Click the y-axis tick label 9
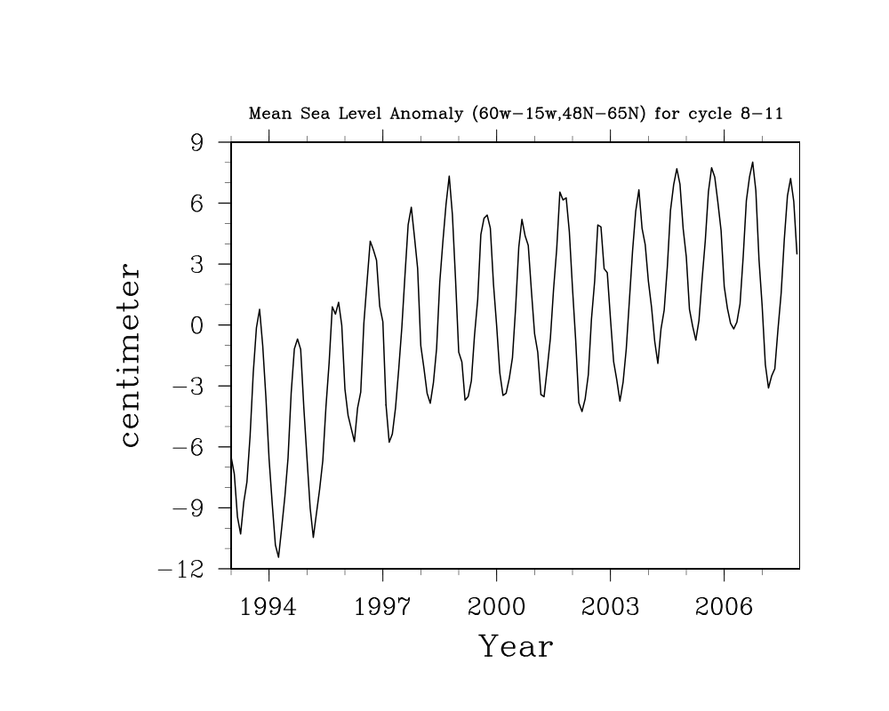(x=196, y=142)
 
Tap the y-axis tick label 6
(x=196, y=204)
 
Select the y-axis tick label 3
(x=196, y=265)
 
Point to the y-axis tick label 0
(x=196, y=325)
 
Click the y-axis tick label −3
(x=188, y=387)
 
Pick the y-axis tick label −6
(x=188, y=447)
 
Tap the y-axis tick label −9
(x=188, y=508)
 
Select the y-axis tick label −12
(x=180, y=570)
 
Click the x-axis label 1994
(x=268, y=607)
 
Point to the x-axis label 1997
(x=382, y=607)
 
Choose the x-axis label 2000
(x=496, y=607)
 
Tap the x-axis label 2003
(x=610, y=607)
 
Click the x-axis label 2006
(x=724, y=607)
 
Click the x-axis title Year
(x=516, y=647)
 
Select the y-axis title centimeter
(x=130, y=355)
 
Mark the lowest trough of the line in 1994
(x=278, y=557)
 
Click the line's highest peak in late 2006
(x=753, y=162)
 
